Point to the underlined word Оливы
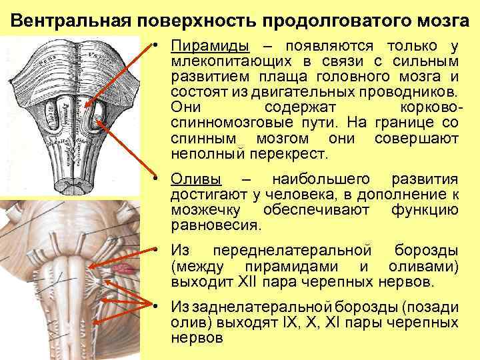tap(197, 179)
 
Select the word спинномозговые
tap(223, 123)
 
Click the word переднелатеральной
tap(291, 251)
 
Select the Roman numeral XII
tap(248, 282)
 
